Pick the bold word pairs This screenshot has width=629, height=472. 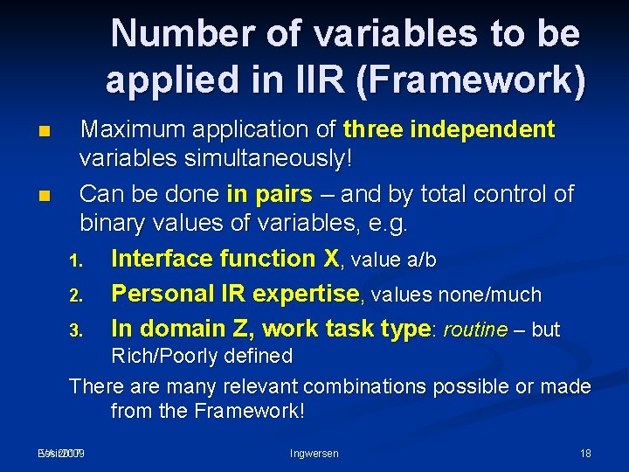click(x=282, y=193)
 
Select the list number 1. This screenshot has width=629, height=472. click(x=76, y=260)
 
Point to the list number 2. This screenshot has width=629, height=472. click(x=76, y=295)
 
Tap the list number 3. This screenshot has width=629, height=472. click(x=76, y=330)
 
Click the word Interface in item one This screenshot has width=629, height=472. click(x=162, y=259)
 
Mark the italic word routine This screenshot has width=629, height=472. click(x=475, y=330)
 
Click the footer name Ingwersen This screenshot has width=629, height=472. click(x=314, y=453)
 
